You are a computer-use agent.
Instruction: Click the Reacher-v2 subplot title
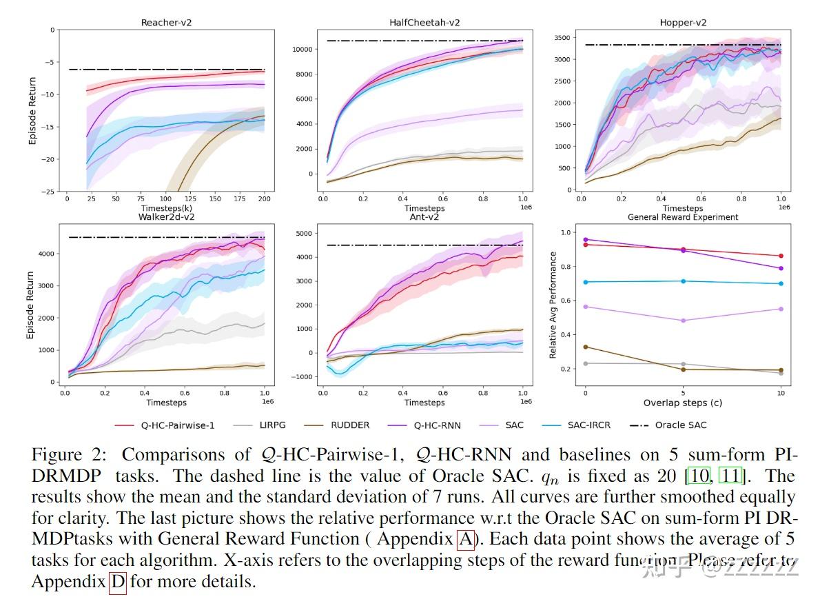(166, 23)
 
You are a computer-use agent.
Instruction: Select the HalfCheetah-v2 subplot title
(424, 23)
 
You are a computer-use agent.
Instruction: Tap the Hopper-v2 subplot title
(682, 23)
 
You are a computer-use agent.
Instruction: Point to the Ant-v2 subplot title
(424, 216)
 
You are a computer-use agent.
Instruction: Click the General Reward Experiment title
(682, 216)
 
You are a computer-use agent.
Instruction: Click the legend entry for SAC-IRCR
(587, 425)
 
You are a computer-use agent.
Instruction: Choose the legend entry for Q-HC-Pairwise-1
(182, 425)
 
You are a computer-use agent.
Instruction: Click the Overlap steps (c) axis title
(682, 403)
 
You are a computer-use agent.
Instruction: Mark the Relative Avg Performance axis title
(553, 304)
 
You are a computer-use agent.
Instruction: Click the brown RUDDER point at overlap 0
(586, 347)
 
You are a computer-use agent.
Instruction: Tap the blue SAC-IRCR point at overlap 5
(683, 281)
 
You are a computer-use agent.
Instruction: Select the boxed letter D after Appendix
(118, 582)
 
